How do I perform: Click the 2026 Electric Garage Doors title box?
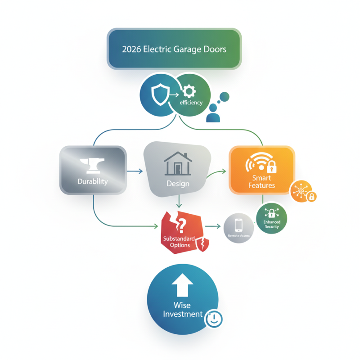174,49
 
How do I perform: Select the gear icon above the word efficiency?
190,92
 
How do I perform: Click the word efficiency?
191,103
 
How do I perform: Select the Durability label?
93,182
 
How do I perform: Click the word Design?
178,184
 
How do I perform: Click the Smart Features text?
261,182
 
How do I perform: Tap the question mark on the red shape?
182,224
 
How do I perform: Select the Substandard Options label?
179,242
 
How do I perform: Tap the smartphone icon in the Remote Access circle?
238,224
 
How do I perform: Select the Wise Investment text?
182,310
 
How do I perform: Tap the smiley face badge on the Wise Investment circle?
213,319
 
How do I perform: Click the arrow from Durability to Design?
135,171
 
